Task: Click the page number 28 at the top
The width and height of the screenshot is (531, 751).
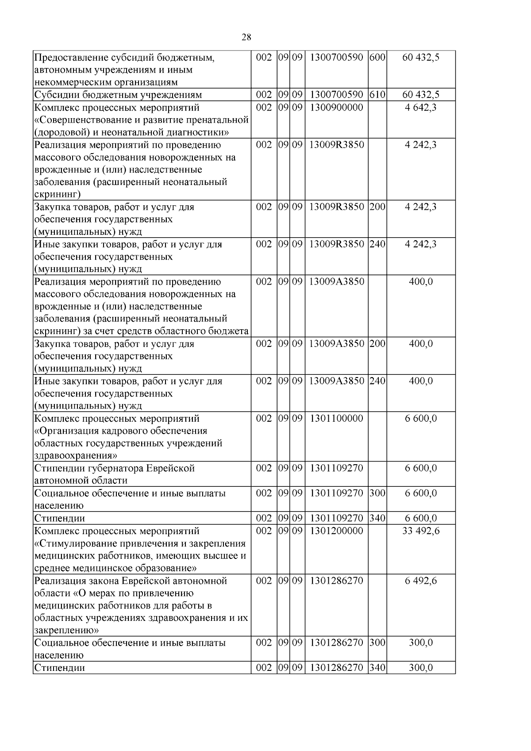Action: (247, 37)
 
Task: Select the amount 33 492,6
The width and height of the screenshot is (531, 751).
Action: (420, 531)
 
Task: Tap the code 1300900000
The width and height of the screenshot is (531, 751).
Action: (336, 108)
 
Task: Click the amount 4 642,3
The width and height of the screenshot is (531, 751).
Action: (420, 108)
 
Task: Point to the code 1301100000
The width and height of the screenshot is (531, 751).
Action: (336, 418)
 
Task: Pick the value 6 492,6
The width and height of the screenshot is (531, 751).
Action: (420, 581)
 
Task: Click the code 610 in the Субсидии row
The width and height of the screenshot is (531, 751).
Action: (377, 95)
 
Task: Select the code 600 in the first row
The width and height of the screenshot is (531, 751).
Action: (377, 58)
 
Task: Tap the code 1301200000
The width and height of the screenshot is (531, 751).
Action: (336, 531)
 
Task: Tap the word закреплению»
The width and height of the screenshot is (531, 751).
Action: (66, 630)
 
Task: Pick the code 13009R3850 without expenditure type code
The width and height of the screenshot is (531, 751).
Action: (336, 145)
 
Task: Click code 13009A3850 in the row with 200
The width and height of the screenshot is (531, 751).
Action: (336, 344)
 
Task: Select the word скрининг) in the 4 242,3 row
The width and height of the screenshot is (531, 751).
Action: (57, 194)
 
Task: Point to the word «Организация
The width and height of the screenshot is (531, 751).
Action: (66, 431)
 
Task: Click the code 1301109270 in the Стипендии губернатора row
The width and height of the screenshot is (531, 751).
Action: (336, 468)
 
